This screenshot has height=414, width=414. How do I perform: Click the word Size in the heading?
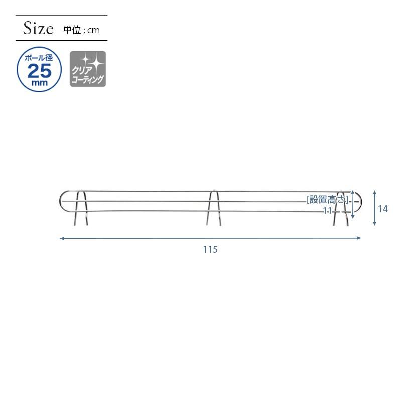38,28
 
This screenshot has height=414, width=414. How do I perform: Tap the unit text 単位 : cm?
81,30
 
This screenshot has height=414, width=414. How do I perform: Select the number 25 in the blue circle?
39,71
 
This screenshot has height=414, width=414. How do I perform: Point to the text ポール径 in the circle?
39,58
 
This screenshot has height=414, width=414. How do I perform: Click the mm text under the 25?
39,83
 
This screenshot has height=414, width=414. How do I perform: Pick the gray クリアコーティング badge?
88,69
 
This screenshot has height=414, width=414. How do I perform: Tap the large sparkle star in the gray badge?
97,63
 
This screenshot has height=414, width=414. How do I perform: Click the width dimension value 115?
210,249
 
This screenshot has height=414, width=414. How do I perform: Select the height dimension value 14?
383,209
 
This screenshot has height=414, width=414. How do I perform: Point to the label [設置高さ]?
327,200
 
